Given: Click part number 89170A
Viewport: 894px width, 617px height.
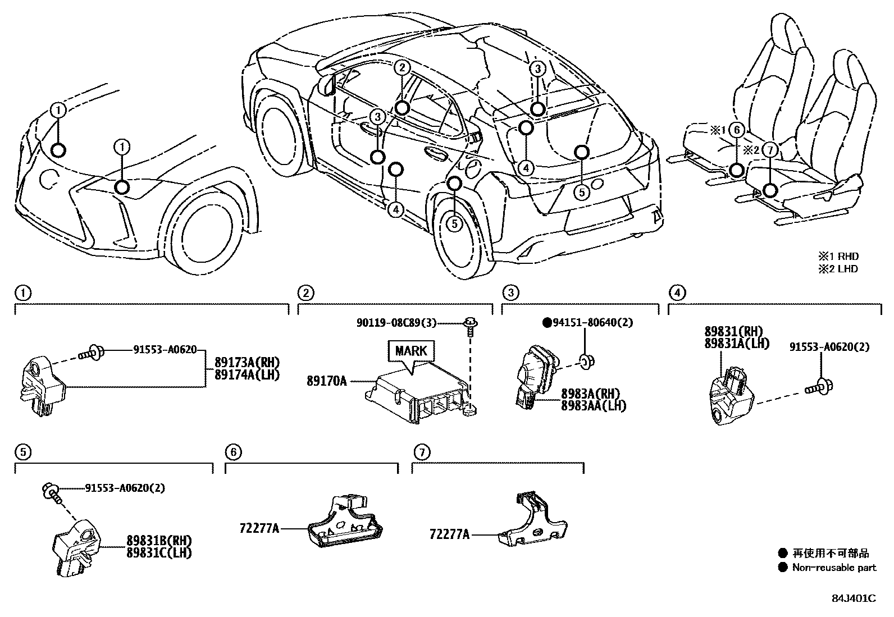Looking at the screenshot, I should [x=326, y=381].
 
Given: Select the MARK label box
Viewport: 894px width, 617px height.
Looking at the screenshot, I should [x=411, y=351].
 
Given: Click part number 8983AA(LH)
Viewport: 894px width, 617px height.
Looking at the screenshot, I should [x=593, y=405].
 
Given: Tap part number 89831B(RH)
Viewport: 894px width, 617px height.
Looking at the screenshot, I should [x=159, y=541].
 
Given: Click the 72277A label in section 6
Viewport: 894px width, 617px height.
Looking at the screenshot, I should [x=259, y=528].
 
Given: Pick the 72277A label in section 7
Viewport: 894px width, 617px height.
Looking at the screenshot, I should [x=449, y=535].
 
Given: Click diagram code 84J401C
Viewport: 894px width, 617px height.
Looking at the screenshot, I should [x=853, y=598].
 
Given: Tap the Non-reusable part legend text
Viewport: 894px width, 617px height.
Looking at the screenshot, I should [x=833, y=568].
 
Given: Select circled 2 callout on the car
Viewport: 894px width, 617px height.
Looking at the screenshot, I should [x=402, y=68].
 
